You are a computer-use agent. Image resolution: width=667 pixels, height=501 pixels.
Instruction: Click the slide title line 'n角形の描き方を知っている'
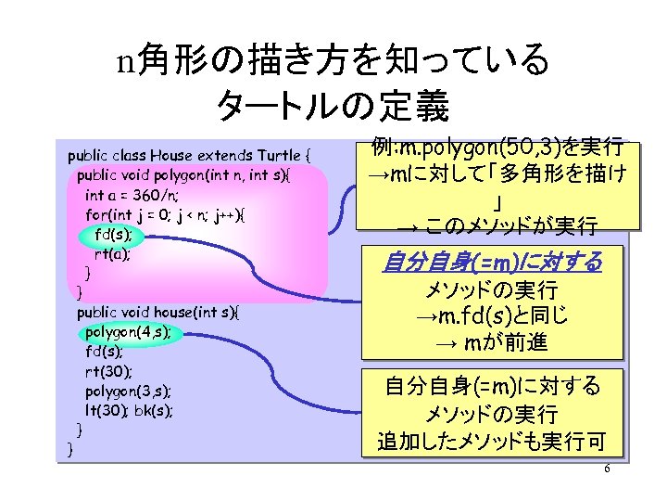(x=333, y=62)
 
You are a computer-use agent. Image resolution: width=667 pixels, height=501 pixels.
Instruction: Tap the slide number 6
(x=607, y=469)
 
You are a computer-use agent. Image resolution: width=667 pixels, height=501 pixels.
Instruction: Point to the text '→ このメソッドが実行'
(x=497, y=225)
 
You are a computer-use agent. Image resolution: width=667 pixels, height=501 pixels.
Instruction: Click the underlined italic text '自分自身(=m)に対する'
(x=493, y=263)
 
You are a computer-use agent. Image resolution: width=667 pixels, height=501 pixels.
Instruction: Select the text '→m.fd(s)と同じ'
(x=492, y=316)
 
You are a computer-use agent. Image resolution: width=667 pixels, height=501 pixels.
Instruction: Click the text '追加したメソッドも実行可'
(x=492, y=442)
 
